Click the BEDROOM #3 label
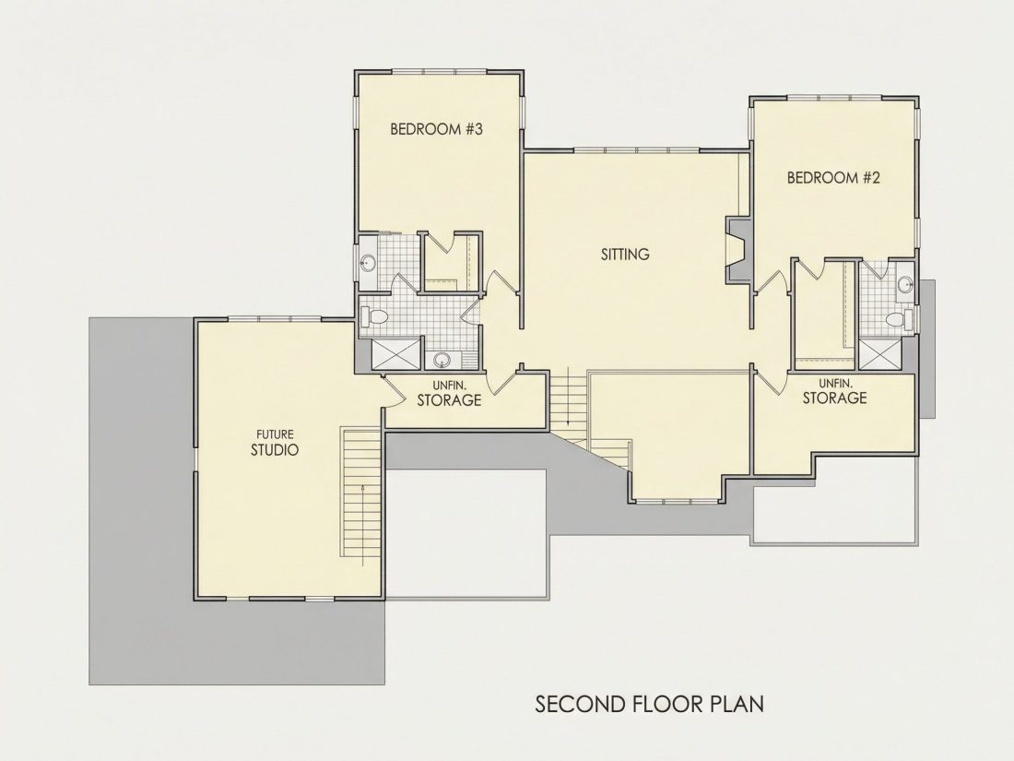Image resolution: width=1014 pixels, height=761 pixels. click(x=437, y=129)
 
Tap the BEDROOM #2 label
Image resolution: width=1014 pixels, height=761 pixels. click(x=833, y=177)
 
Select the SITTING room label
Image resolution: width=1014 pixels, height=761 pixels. click(x=625, y=255)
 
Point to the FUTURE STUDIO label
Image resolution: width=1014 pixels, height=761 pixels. click(x=275, y=443)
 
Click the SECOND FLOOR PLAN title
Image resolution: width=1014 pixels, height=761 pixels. click(x=649, y=704)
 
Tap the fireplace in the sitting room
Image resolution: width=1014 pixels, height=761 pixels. click(x=737, y=250)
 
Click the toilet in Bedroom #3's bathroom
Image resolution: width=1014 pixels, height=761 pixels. click(x=376, y=317)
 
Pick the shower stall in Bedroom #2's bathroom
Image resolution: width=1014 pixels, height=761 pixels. click(x=878, y=355)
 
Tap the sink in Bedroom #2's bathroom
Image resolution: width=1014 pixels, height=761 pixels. click(x=904, y=283)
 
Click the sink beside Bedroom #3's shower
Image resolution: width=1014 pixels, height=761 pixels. click(x=442, y=360)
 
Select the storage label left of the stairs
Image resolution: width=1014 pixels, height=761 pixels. click(x=449, y=394)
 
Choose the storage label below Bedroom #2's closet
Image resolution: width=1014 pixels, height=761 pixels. click(x=834, y=391)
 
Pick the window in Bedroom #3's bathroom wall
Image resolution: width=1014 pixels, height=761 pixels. click(x=356, y=264)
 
